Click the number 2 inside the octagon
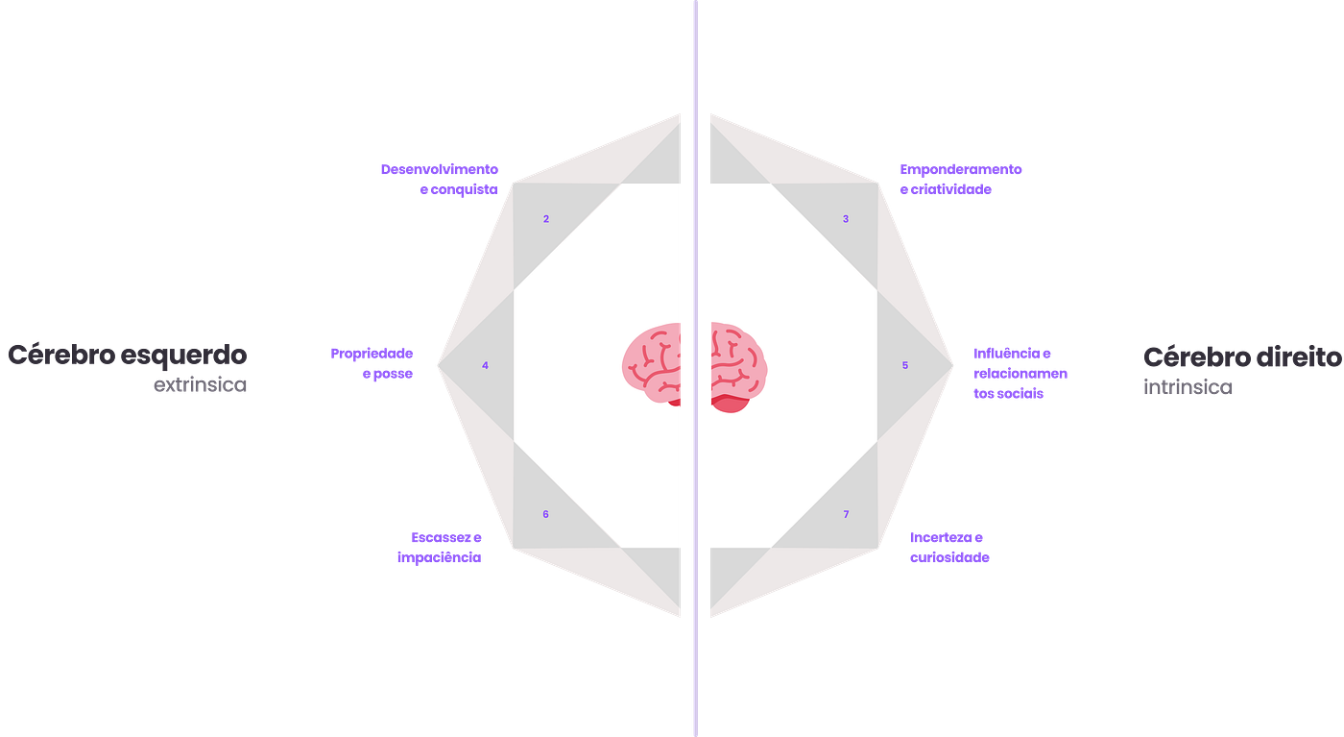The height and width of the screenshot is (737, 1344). [546, 219]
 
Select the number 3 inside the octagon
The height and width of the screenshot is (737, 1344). [846, 219]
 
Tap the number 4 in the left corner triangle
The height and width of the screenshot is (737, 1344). [486, 365]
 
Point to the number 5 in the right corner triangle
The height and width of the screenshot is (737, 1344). [905, 365]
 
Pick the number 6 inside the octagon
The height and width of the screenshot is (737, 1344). [545, 514]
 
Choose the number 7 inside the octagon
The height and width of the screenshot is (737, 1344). [846, 514]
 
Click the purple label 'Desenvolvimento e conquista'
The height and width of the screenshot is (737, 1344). [440, 180]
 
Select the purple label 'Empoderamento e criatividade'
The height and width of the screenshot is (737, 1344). [961, 180]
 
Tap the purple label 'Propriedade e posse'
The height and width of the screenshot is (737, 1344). [372, 363]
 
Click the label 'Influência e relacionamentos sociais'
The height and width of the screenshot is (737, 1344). [1020, 373]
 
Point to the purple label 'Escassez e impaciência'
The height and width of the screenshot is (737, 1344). [441, 547]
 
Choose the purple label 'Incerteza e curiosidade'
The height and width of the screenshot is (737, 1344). [949, 547]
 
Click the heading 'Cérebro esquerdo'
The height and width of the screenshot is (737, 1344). [128, 355]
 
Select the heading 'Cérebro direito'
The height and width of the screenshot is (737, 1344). [1241, 357]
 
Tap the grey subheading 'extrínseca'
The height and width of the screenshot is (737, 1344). [200, 386]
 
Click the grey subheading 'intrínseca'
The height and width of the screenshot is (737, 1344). [1188, 388]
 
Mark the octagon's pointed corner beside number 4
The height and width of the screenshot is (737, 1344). [437, 364]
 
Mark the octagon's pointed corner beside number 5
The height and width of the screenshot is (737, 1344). [954, 364]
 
